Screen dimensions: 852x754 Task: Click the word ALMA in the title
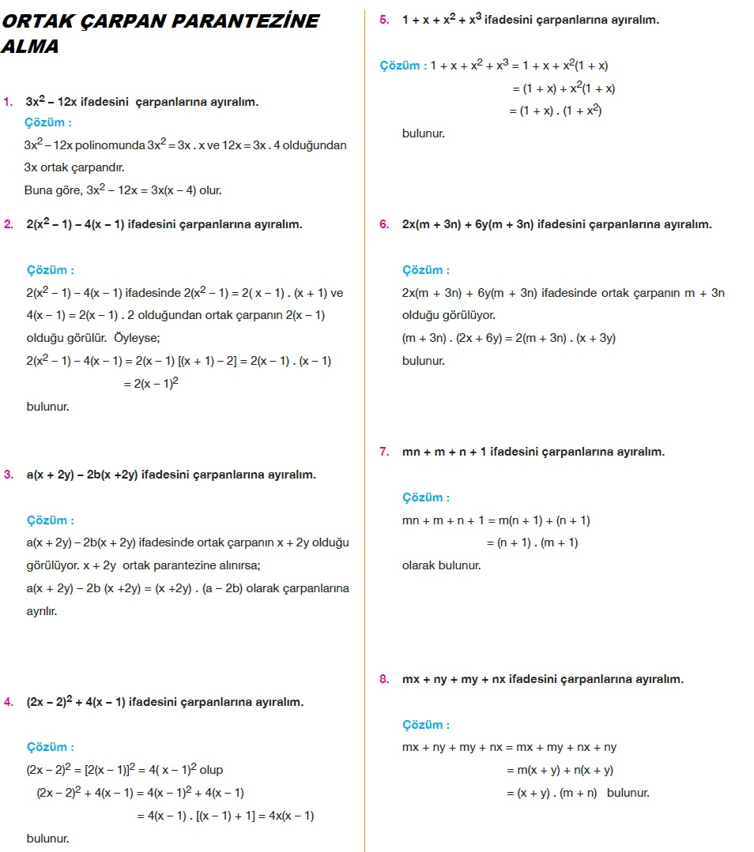click(x=30, y=47)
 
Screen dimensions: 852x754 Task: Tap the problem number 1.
click(x=8, y=102)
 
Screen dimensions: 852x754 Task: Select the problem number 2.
click(x=8, y=224)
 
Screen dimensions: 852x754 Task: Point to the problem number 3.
click(x=8, y=475)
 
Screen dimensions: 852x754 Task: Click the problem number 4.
click(x=8, y=702)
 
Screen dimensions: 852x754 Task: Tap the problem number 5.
click(x=384, y=20)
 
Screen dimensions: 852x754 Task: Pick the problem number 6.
click(x=384, y=224)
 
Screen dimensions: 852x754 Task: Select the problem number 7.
click(x=384, y=452)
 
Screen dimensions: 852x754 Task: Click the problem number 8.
click(x=384, y=679)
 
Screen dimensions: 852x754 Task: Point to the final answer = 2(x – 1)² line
click(x=150, y=384)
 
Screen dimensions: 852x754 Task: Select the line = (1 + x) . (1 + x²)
click(x=556, y=111)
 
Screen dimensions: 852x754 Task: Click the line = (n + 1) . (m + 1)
click(x=531, y=542)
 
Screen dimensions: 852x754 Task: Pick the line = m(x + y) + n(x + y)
click(x=560, y=770)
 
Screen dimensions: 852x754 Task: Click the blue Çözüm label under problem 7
click(x=426, y=497)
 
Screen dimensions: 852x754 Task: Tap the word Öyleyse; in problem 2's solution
click(x=138, y=338)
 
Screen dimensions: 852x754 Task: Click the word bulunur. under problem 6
click(x=424, y=361)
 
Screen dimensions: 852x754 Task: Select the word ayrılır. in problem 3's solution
click(x=41, y=611)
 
